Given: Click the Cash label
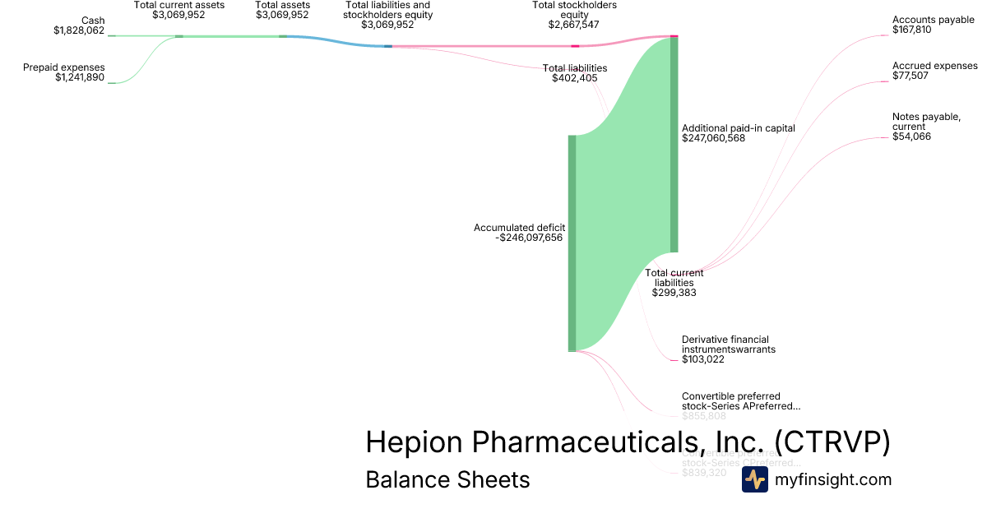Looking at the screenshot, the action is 93,21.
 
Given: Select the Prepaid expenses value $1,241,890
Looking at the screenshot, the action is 80,77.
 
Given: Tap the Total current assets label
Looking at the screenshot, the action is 178,5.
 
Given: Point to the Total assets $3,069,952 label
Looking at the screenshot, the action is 282,10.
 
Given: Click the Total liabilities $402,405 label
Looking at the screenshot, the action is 574,73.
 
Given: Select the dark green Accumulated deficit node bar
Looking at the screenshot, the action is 572,243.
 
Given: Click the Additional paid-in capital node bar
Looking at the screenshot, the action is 674,145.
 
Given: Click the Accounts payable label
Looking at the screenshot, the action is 933,20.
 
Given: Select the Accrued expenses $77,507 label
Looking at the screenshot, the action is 934,71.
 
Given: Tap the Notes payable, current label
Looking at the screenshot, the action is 926,122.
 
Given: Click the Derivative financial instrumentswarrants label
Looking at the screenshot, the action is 728,344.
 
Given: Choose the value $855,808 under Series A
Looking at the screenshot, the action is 703,416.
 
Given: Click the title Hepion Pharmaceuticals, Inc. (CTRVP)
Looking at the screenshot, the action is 628,442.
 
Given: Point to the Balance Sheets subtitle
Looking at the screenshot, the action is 447,479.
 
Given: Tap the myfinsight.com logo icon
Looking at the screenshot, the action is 754,479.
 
